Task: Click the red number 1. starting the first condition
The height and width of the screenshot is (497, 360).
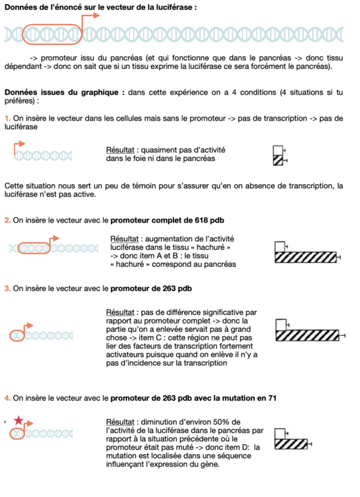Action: pyautogui.click(x=7, y=118)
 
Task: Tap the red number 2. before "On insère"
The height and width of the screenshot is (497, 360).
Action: pyautogui.click(x=7, y=219)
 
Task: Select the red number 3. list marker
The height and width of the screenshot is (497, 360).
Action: pyautogui.click(x=7, y=288)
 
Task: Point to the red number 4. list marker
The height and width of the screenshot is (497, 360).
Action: pyautogui.click(x=7, y=398)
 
